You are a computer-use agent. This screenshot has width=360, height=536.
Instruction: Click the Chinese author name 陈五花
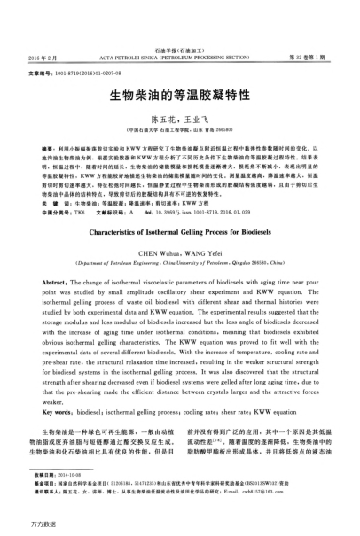(160, 118)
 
